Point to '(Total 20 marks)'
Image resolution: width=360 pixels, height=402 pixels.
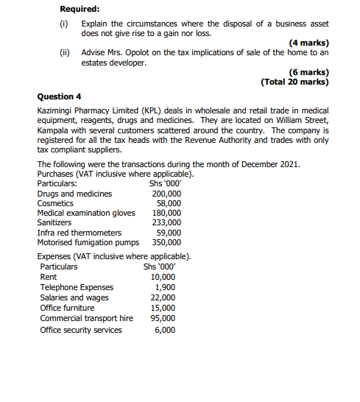click(x=294, y=82)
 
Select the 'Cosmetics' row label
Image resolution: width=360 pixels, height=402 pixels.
click(x=55, y=203)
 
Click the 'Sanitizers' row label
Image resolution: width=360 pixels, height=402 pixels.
click(x=54, y=222)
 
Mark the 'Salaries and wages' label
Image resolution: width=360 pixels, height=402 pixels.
click(x=74, y=297)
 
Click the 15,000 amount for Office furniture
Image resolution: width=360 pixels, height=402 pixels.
click(x=163, y=308)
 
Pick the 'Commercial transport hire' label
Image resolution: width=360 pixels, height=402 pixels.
click(x=87, y=318)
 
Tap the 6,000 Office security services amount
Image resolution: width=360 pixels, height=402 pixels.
click(x=165, y=330)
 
